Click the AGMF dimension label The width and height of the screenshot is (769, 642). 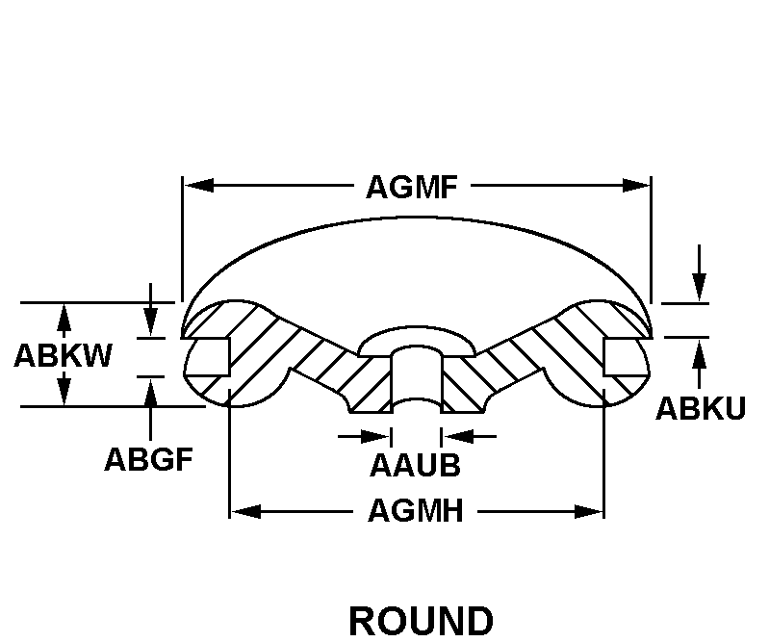coord(411,187)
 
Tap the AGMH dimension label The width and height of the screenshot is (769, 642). coord(416,511)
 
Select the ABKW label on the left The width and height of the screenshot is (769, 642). coord(63,355)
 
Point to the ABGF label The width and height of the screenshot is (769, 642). coord(149,458)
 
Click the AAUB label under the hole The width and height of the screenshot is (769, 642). coord(415,466)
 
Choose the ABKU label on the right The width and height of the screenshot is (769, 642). coord(701,408)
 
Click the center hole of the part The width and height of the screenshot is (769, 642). coord(416,378)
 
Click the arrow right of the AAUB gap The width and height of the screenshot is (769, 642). coord(455,436)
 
